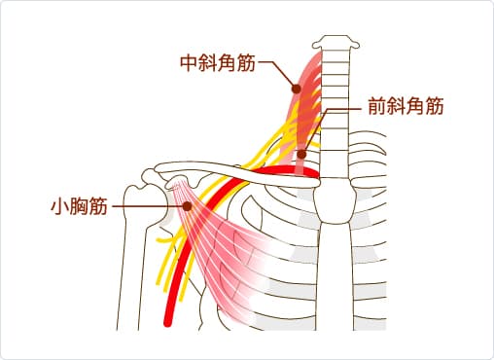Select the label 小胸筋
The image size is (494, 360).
coord(78,205)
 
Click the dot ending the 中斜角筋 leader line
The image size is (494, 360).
coord(296,90)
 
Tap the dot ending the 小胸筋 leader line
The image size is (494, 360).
coord(186,205)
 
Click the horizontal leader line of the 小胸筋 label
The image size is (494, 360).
coord(146,205)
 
